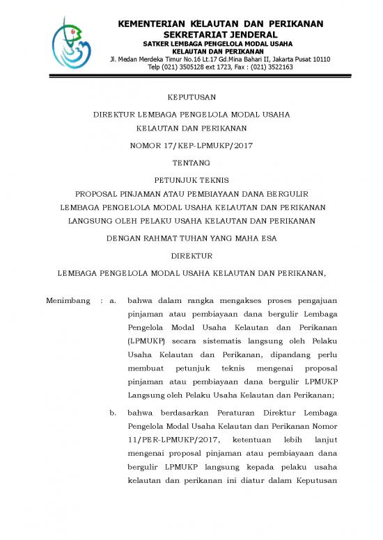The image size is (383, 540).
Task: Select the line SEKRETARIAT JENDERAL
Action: tap(220, 35)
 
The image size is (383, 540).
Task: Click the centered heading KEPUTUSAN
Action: tap(191, 97)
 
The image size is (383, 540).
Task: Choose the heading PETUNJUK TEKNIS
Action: tap(191, 178)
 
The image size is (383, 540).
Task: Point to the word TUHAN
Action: tap(203, 238)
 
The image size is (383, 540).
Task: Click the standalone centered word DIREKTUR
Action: tap(191, 256)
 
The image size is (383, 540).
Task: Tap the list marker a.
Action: tap(112, 302)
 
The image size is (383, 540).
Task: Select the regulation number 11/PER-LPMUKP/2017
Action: tap(169, 439)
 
